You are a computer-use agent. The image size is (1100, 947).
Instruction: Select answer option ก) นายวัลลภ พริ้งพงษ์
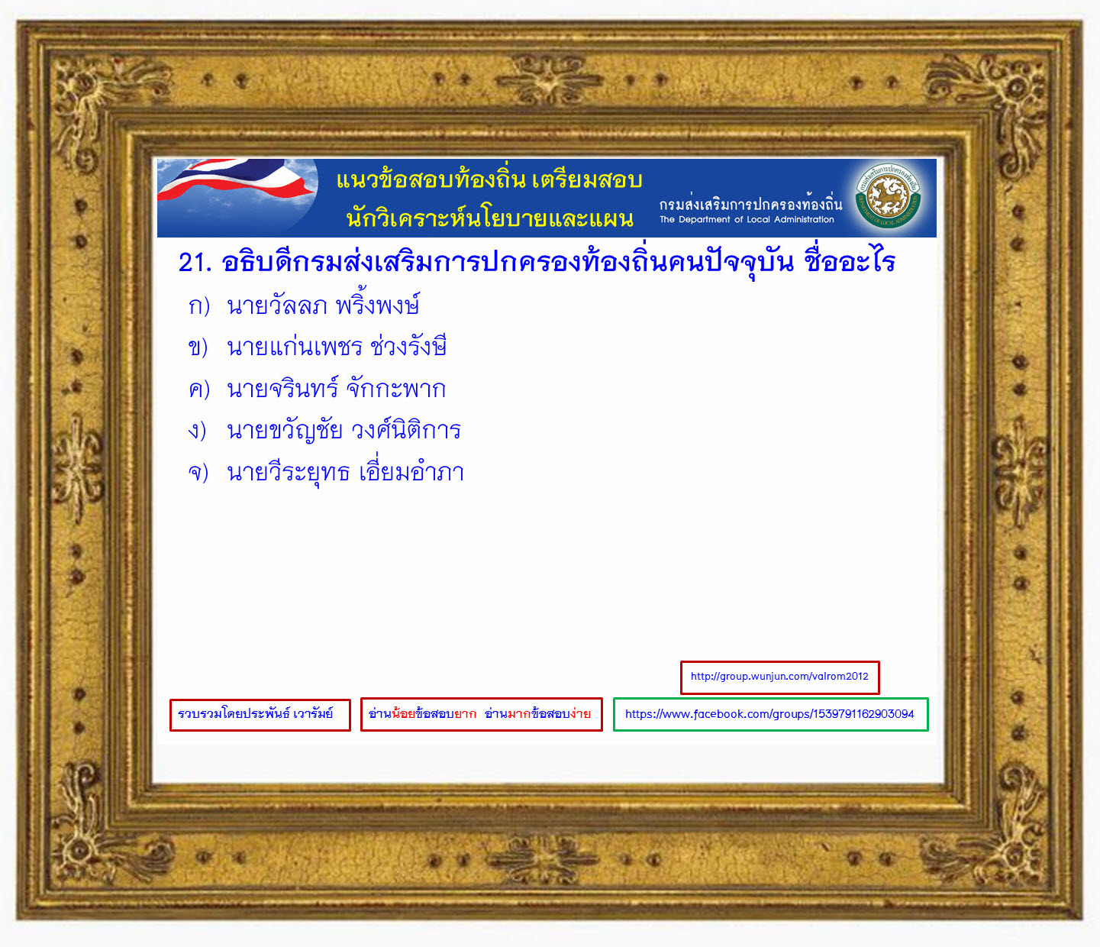pyautogui.click(x=304, y=305)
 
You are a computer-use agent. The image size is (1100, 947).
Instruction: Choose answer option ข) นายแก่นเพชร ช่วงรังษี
pyautogui.click(x=317, y=346)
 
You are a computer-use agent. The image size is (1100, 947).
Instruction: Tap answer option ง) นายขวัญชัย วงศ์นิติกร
pyautogui.click(x=324, y=429)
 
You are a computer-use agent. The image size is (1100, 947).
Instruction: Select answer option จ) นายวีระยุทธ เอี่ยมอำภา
pyautogui.click(x=326, y=471)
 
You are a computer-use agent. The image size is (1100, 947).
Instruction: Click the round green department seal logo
pyautogui.click(x=889, y=196)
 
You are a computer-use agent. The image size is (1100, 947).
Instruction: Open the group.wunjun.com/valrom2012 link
pyautogui.click(x=779, y=677)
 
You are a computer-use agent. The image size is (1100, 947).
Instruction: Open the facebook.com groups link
pyautogui.click(x=770, y=714)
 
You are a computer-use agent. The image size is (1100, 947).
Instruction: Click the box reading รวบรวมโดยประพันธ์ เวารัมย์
pyautogui.click(x=260, y=714)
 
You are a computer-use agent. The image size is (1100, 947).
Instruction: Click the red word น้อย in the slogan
pyautogui.click(x=403, y=713)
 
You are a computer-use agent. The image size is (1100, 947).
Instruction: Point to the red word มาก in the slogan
pyautogui.click(x=519, y=714)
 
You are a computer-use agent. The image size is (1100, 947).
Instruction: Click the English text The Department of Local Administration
pyautogui.click(x=747, y=219)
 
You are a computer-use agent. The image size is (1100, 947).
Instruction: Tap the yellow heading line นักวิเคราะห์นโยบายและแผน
pyautogui.click(x=489, y=217)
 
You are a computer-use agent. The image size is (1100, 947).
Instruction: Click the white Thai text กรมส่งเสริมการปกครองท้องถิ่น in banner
pyautogui.click(x=750, y=203)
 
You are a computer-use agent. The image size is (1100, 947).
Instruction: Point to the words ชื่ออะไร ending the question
pyautogui.click(x=850, y=261)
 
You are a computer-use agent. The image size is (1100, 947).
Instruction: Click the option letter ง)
pyautogui.click(x=197, y=430)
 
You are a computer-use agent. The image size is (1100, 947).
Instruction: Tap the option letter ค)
pyautogui.click(x=199, y=389)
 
